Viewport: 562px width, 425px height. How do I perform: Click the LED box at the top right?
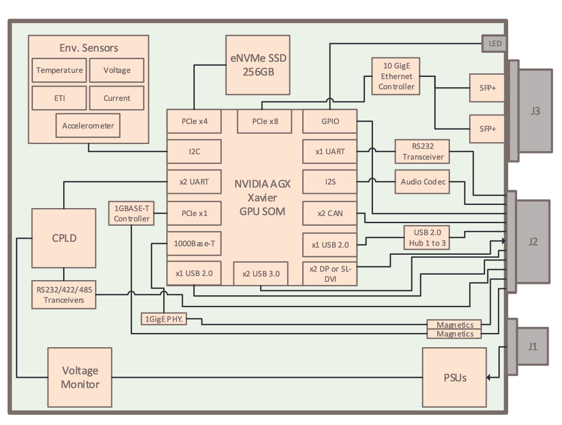coord(494,44)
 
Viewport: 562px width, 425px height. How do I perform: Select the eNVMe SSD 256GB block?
coord(258,65)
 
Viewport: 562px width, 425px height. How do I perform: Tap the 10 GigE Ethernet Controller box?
coord(396,76)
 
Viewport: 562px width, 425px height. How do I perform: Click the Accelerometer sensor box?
coord(88,126)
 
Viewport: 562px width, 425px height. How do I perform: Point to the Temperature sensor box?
coord(59,70)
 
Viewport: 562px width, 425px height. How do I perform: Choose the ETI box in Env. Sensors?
coord(59,98)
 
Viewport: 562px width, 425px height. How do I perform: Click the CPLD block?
coord(64,238)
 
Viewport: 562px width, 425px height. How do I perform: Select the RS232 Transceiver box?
coord(422,152)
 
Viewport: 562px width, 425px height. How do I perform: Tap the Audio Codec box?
coord(422,182)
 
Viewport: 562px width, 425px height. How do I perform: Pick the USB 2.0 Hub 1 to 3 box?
coord(427,238)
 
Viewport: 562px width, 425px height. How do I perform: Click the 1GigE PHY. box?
coord(164,319)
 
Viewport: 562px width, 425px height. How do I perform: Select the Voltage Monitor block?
coord(80,377)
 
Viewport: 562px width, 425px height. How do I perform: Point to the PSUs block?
coord(454,377)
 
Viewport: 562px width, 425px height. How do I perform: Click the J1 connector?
coord(532,347)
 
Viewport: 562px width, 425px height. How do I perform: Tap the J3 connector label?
coord(535,111)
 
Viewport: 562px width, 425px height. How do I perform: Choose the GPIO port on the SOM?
coord(330,121)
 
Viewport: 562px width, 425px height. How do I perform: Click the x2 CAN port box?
coord(330,213)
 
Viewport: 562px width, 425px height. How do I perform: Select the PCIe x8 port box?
coord(265,121)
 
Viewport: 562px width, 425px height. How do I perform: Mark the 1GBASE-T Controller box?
coord(132,213)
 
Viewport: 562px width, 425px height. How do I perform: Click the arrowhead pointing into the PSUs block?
coord(489,377)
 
